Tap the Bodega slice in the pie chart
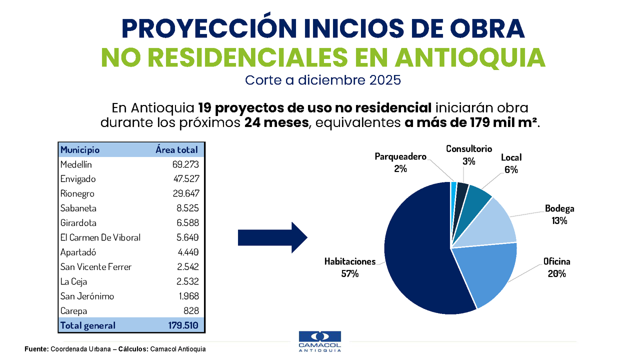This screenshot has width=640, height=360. coord(490,225)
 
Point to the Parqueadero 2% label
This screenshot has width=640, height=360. coord(400,162)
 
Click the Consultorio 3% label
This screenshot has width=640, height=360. coord(469,154)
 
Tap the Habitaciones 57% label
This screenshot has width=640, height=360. coord(349,267)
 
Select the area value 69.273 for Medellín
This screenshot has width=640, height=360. coord(184,164)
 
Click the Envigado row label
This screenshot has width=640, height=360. coord(78,179)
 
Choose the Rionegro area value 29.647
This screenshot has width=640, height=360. coord(184,193)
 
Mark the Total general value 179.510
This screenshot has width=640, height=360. coord(183,325)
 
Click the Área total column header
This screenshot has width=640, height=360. coord(176,149)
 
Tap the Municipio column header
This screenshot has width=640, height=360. coord(80,149)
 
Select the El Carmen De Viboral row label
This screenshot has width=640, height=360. coord(100,237)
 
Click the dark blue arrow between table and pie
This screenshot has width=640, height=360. coord(272,237)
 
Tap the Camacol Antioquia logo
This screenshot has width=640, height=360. coord(319,341)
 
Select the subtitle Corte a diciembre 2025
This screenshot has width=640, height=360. coord(323,80)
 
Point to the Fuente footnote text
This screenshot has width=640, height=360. coord(115,349)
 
